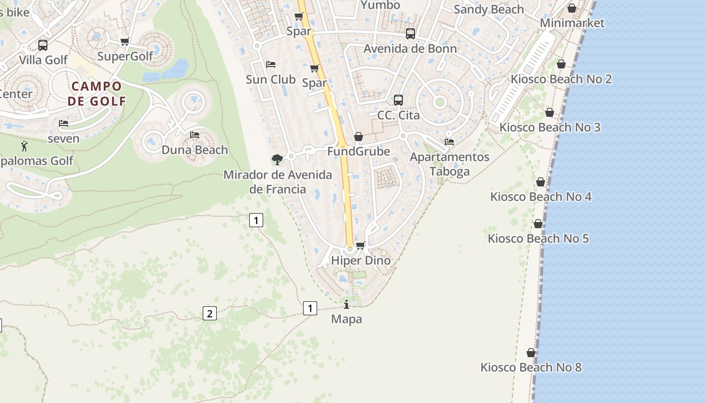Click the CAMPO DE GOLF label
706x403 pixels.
tap(97, 93)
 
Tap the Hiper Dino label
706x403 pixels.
tap(361, 260)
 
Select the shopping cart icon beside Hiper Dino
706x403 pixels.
tap(360, 246)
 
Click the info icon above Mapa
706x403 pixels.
tap(346, 305)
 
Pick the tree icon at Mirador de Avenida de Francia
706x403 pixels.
tap(277, 160)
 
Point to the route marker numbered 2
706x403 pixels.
tap(209, 313)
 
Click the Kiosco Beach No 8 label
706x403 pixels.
tap(531, 367)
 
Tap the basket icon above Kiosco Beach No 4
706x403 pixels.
tap(541, 182)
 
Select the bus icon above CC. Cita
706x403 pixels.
tap(398, 100)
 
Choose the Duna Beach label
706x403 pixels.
tap(195, 150)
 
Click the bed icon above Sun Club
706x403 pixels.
tap(271, 64)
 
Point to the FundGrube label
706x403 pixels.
tap(359, 151)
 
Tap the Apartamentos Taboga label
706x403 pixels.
tap(449, 164)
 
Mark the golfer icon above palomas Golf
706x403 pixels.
tap(24, 146)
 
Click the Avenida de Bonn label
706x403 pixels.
tap(410, 48)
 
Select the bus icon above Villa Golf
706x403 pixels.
tap(43, 45)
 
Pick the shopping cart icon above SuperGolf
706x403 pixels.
tap(125, 41)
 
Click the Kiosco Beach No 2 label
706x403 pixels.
tap(561, 79)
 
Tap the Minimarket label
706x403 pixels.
tap(572, 23)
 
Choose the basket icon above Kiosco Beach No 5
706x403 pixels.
tap(538, 224)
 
